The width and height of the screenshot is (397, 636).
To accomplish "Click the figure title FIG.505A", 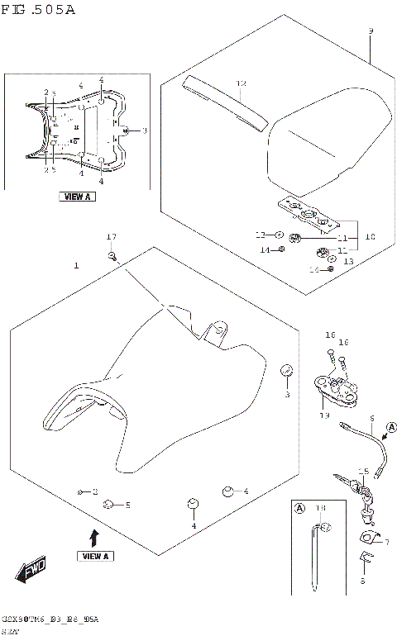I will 39,10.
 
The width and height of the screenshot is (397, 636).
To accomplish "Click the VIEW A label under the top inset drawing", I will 77,197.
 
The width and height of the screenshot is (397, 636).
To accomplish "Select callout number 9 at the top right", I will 371,31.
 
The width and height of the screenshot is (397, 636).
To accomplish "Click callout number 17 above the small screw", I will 112,238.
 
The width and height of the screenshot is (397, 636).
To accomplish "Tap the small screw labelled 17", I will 112,257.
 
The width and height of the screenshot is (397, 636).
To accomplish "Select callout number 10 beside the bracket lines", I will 370,236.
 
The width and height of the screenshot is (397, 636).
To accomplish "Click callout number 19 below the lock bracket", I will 324,415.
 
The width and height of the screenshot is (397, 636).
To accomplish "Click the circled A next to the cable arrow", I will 391,426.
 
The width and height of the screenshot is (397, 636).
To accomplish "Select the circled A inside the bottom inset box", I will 299,507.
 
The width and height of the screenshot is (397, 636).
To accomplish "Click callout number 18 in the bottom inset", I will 322,507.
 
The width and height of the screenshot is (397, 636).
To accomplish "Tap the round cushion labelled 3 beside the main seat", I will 286,369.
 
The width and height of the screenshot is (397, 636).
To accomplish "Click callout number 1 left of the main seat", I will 76,266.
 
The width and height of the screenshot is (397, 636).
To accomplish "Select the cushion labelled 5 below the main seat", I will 108,503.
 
